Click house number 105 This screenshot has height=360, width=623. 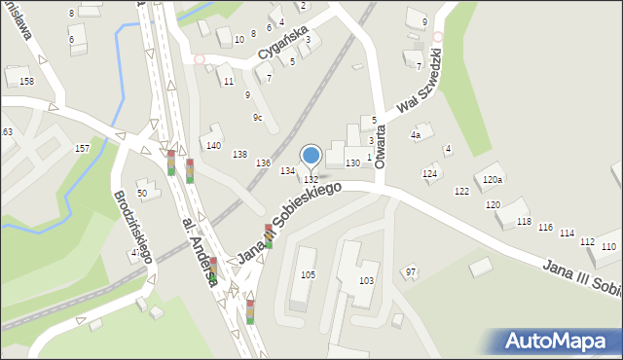click(x=308, y=275)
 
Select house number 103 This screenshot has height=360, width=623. click(x=366, y=280)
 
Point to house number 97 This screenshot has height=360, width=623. click(x=411, y=271)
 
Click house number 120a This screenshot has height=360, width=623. click(x=493, y=180)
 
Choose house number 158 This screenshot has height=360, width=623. click(x=26, y=81)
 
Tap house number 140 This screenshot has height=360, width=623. click(x=212, y=146)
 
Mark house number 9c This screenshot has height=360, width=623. click(x=257, y=118)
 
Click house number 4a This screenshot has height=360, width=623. click(x=415, y=136)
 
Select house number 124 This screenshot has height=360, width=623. click(x=429, y=173)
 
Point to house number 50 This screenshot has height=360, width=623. click(x=142, y=194)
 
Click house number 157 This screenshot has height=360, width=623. click(x=83, y=148)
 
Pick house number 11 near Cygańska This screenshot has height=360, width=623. click(x=228, y=82)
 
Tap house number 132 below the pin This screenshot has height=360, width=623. click(x=311, y=180)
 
